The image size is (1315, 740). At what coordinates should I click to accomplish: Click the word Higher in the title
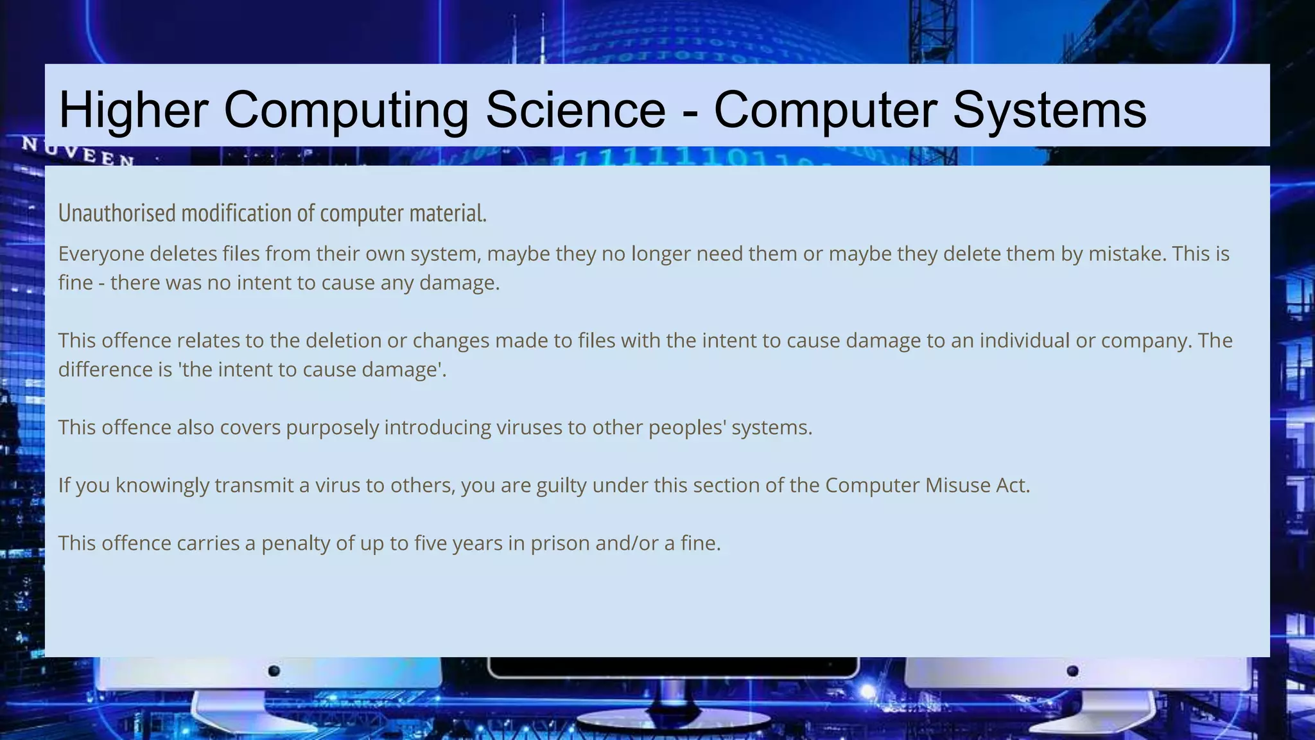(133, 109)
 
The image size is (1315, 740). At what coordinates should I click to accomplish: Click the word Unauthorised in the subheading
(118, 213)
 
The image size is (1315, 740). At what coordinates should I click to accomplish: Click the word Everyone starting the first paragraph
(101, 254)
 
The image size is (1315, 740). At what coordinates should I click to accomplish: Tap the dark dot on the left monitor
(274, 671)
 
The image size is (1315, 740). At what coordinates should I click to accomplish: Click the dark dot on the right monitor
(1072, 671)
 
